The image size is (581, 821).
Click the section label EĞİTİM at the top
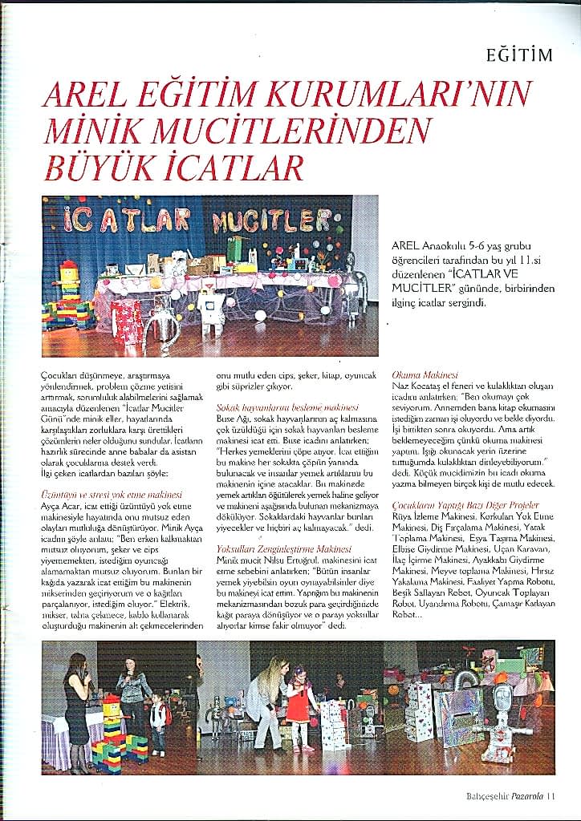pos(520,55)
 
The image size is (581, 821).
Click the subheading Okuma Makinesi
pos(425,374)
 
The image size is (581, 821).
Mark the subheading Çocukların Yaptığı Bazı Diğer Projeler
pos(465,506)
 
